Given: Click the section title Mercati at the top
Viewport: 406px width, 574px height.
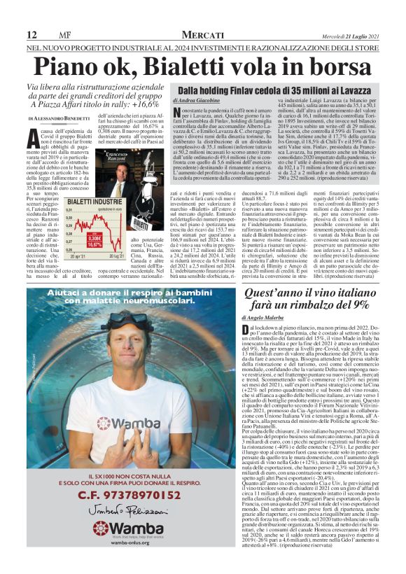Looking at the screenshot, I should pyautogui.click(x=202, y=35).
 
